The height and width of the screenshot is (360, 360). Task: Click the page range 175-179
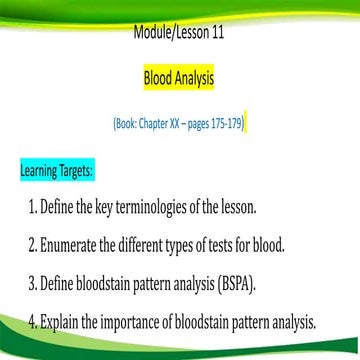click(223, 125)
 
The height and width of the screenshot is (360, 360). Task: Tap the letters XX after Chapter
click(173, 125)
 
